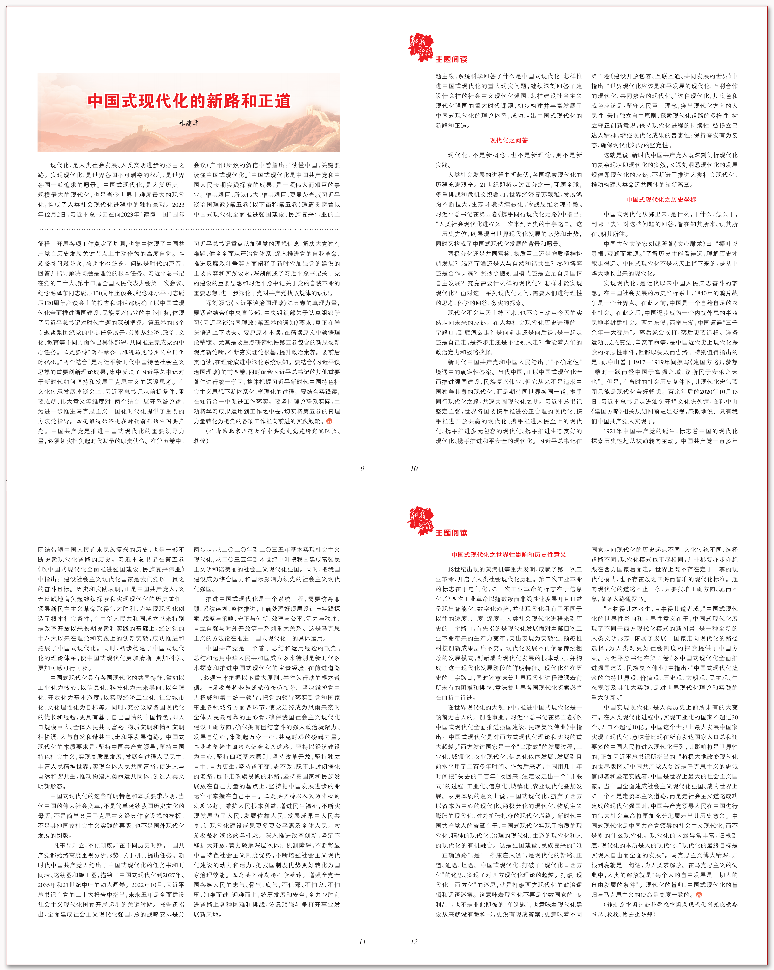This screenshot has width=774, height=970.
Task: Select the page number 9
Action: tap(362, 468)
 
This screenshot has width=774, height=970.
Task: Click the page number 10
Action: tap(414, 468)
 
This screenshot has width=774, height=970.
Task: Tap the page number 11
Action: tap(362, 942)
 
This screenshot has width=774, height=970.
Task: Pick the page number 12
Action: tap(414, 942)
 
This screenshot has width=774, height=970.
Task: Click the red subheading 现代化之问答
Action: tap(508, 140)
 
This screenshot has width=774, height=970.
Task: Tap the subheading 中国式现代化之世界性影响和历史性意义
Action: tap(508, 555)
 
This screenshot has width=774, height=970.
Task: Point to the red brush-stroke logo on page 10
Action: tap(420, 47)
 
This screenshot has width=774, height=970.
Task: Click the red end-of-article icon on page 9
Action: tap(329, 422)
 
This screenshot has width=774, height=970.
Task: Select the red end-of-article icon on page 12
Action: tap(699, 895)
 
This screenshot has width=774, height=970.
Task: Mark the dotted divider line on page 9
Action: tap(189, 229)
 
